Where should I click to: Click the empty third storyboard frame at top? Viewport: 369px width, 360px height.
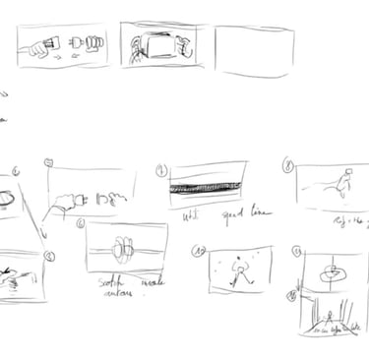coord(254,50)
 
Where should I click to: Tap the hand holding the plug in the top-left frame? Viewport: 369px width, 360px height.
coord(40,44)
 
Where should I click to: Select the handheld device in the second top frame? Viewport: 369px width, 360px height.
coord(159,46)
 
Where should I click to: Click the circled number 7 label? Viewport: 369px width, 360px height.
coord(160,169)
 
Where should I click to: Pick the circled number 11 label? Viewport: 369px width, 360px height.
coord(296,252)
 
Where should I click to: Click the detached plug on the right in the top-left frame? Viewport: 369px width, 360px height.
coord(87,44)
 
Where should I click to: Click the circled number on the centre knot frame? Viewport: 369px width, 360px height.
coord(80,224)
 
